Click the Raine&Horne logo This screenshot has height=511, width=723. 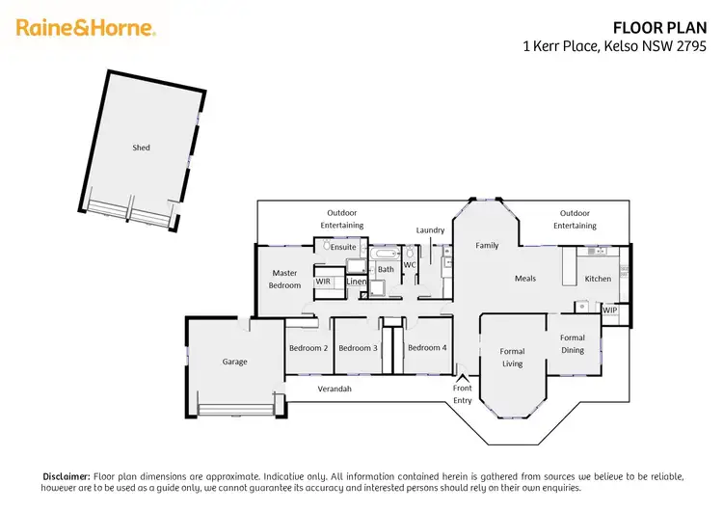86,28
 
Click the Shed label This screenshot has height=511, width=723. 141,148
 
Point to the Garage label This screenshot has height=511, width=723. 234,362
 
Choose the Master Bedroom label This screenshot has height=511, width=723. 284,279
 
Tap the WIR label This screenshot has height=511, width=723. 323,282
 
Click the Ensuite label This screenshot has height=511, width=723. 343,247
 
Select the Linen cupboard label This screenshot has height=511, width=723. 356,282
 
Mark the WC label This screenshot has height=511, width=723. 409,264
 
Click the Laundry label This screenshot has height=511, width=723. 430,230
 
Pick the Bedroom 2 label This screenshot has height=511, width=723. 308,348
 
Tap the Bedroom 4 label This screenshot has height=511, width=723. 426,348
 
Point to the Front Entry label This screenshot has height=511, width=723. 463,393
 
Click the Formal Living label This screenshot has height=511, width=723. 512,358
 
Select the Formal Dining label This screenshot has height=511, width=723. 573,344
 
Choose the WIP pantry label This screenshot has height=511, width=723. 609,309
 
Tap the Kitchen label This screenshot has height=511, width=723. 598,279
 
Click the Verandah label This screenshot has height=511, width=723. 335,389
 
